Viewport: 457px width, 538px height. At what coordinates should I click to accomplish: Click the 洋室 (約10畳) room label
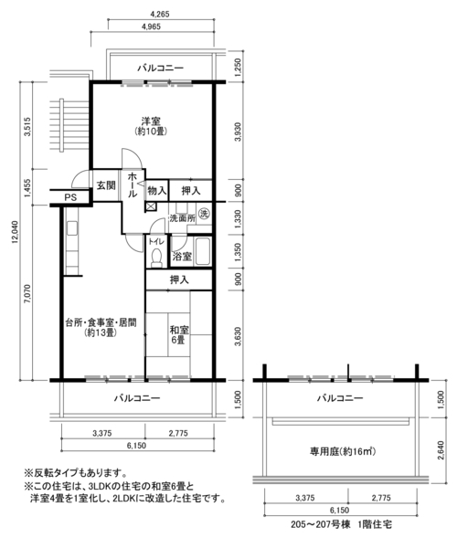point(152,126)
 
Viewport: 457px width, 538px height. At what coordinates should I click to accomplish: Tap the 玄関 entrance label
point(106,185)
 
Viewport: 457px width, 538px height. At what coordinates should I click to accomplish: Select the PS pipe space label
point(70,197)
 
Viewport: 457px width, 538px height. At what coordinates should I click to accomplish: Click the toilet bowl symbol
point(157,257)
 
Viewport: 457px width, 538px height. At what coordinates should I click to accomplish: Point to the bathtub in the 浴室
point(203,252)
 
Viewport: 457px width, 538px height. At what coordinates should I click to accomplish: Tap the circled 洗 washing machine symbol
point(204,214)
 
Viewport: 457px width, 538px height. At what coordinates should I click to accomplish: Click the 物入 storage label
point(157,190)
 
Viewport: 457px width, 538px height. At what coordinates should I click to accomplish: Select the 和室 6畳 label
point(179,335)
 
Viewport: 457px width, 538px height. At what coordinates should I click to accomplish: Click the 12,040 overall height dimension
point(16,232)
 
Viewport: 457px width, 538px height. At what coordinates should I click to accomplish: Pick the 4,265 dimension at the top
point(160,14)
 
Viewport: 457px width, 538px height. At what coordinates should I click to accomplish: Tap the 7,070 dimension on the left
point(27,294)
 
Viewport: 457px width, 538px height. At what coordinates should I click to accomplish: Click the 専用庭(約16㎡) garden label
point(343,451)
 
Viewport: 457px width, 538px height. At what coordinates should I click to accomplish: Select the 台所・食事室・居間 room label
point(101,322)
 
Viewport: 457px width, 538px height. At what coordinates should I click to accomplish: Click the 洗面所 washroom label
point(182,218)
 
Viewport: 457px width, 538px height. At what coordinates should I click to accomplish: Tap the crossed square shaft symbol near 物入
point(151,206)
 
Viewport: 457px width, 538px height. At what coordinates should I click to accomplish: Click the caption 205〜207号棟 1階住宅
point(341,524)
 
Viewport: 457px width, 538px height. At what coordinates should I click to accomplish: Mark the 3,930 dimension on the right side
point(239,132)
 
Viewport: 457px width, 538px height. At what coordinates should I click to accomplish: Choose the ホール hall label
point(133,185)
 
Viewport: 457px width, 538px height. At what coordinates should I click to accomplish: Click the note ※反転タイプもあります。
point(75,473)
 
